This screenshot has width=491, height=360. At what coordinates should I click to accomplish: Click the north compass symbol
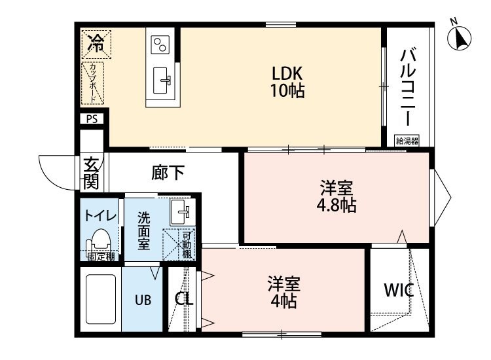(460, 38)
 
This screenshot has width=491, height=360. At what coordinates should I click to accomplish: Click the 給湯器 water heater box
(407, 140)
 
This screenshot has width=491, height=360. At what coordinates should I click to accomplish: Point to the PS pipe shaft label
(92, 119)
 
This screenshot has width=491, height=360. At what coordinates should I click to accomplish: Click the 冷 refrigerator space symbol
(96, 45)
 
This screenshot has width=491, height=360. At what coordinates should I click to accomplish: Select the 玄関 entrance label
(90, 172)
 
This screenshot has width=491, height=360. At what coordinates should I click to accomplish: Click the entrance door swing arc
(58, 171)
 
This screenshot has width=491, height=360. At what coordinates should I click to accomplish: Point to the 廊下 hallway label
(168, 173)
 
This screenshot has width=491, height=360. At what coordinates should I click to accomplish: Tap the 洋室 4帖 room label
(283, 293)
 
